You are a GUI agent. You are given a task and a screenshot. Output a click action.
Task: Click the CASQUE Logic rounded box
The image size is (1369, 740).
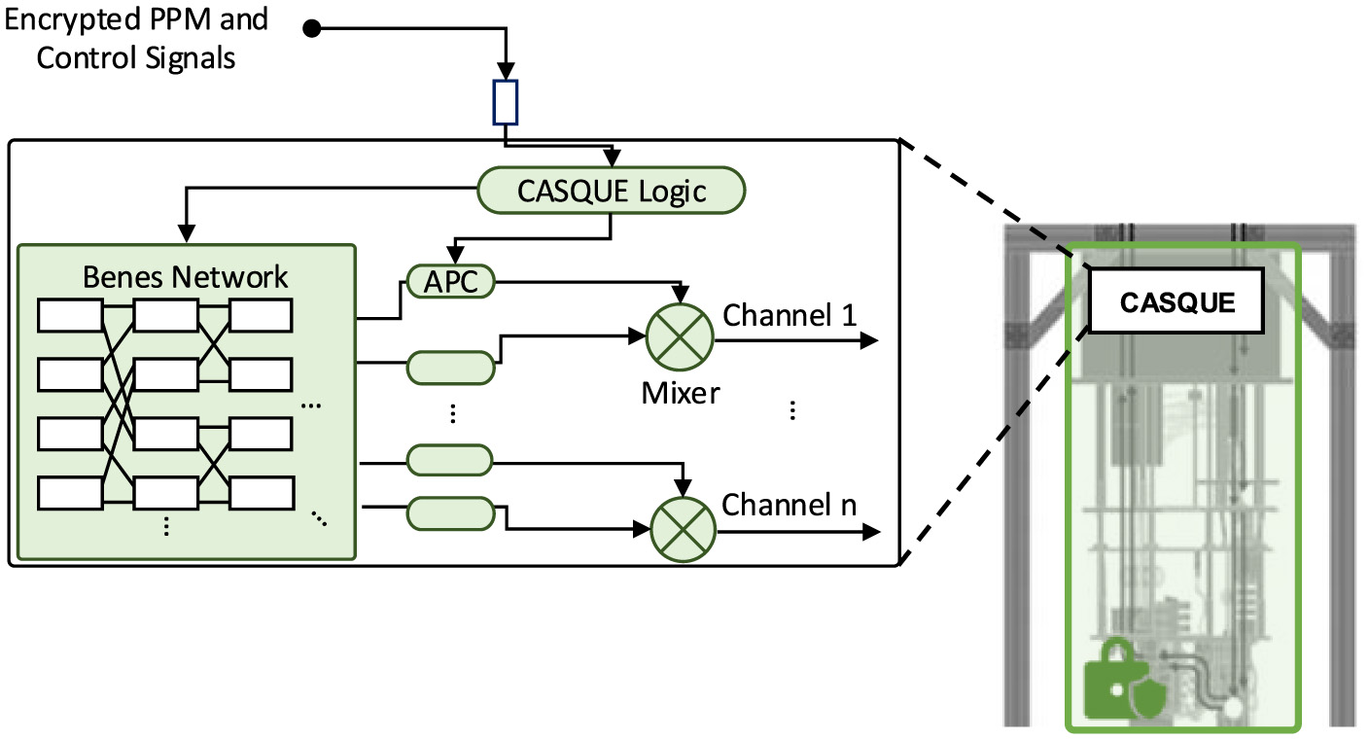(611, 191)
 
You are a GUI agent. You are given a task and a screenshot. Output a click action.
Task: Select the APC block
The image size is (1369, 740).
(449, 282)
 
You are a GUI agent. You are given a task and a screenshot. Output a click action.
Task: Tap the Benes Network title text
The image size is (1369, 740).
(185, 276)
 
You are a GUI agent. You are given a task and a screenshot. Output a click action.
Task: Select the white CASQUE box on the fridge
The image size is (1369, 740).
(1176, 301)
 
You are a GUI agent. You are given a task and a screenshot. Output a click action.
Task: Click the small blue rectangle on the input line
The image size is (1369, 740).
(506, 102)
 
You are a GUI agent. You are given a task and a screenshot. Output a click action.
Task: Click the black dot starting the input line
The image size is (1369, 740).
(312, 29)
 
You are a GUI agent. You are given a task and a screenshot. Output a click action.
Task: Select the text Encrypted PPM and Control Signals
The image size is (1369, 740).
(136, 39)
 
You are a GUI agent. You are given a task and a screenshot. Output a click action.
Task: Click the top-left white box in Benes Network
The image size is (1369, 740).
(69, 316)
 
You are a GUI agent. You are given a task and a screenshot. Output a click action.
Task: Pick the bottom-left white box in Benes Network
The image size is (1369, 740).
(69, 493)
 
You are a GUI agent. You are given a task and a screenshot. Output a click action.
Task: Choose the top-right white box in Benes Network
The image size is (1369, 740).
(260, 316)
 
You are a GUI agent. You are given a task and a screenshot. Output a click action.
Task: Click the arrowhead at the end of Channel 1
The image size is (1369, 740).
(869, 340)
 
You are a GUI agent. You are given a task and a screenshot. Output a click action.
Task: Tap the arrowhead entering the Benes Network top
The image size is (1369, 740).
(185, 233)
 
